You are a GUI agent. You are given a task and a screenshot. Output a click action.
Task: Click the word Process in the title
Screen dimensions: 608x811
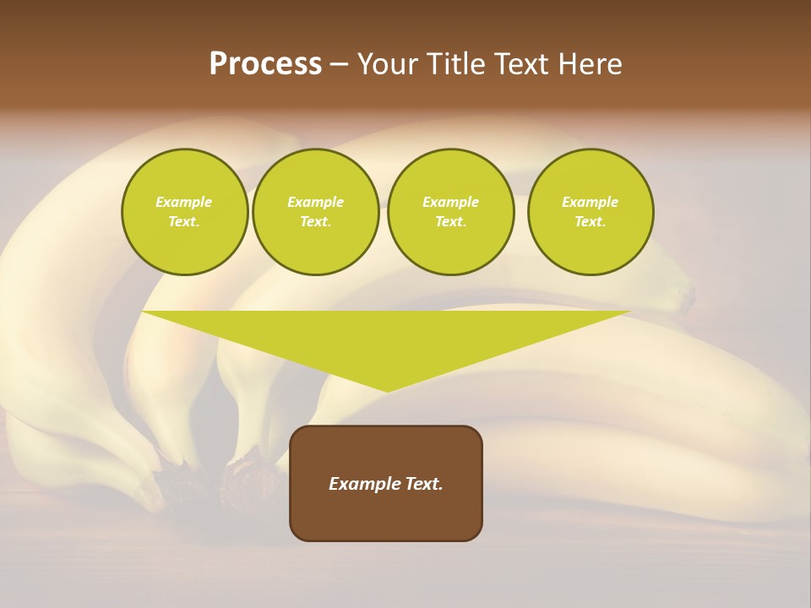[x=265, y=64]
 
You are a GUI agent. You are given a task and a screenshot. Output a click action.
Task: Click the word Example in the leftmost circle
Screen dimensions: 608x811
[x=184, y=202]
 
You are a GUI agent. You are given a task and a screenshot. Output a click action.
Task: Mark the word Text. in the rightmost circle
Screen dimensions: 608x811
[x=590, y=221]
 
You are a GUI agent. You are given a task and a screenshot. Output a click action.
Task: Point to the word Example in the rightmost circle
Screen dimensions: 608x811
[x=590, y=202]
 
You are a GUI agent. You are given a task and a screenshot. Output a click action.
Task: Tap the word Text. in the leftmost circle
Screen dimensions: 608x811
[x=184, y=221]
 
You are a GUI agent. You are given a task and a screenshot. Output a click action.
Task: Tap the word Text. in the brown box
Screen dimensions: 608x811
[x=425, y=484]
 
